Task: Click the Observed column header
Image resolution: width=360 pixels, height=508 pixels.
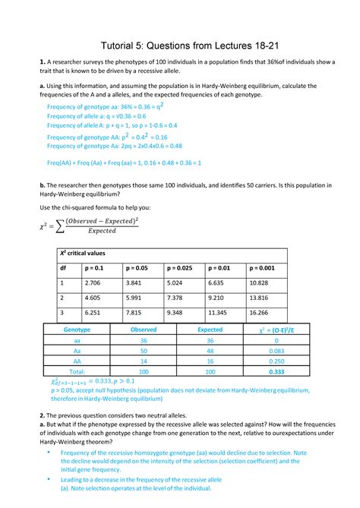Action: [x=144, y=330]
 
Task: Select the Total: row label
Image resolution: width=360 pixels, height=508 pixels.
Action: [x=76, y=373]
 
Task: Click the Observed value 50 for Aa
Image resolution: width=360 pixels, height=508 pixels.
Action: [x=144, y=352]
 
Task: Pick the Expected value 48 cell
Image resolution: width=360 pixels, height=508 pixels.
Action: [x=210, y=352]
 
